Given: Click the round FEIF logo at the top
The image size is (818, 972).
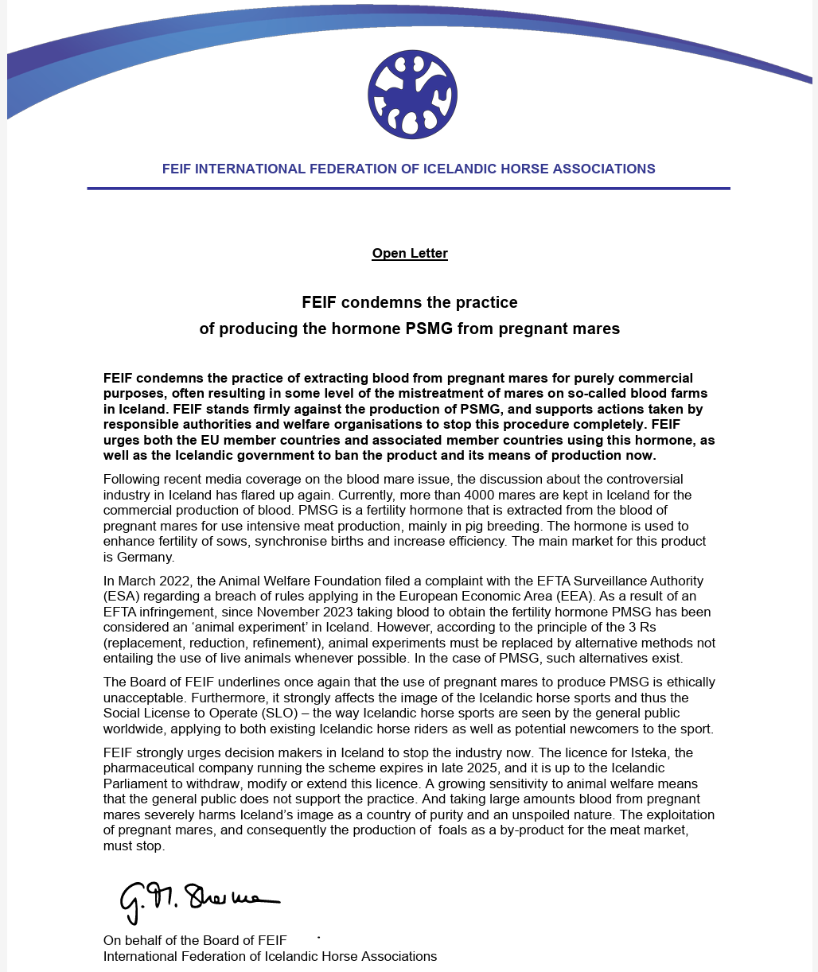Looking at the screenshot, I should coord(412,94).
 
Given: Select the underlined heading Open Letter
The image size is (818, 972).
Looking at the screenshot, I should coord(410,254).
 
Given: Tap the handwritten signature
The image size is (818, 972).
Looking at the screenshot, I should coord(199,899).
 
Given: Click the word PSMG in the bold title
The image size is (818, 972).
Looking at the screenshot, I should coord(430,329).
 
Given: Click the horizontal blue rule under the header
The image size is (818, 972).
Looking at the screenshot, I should coord(408,189).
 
